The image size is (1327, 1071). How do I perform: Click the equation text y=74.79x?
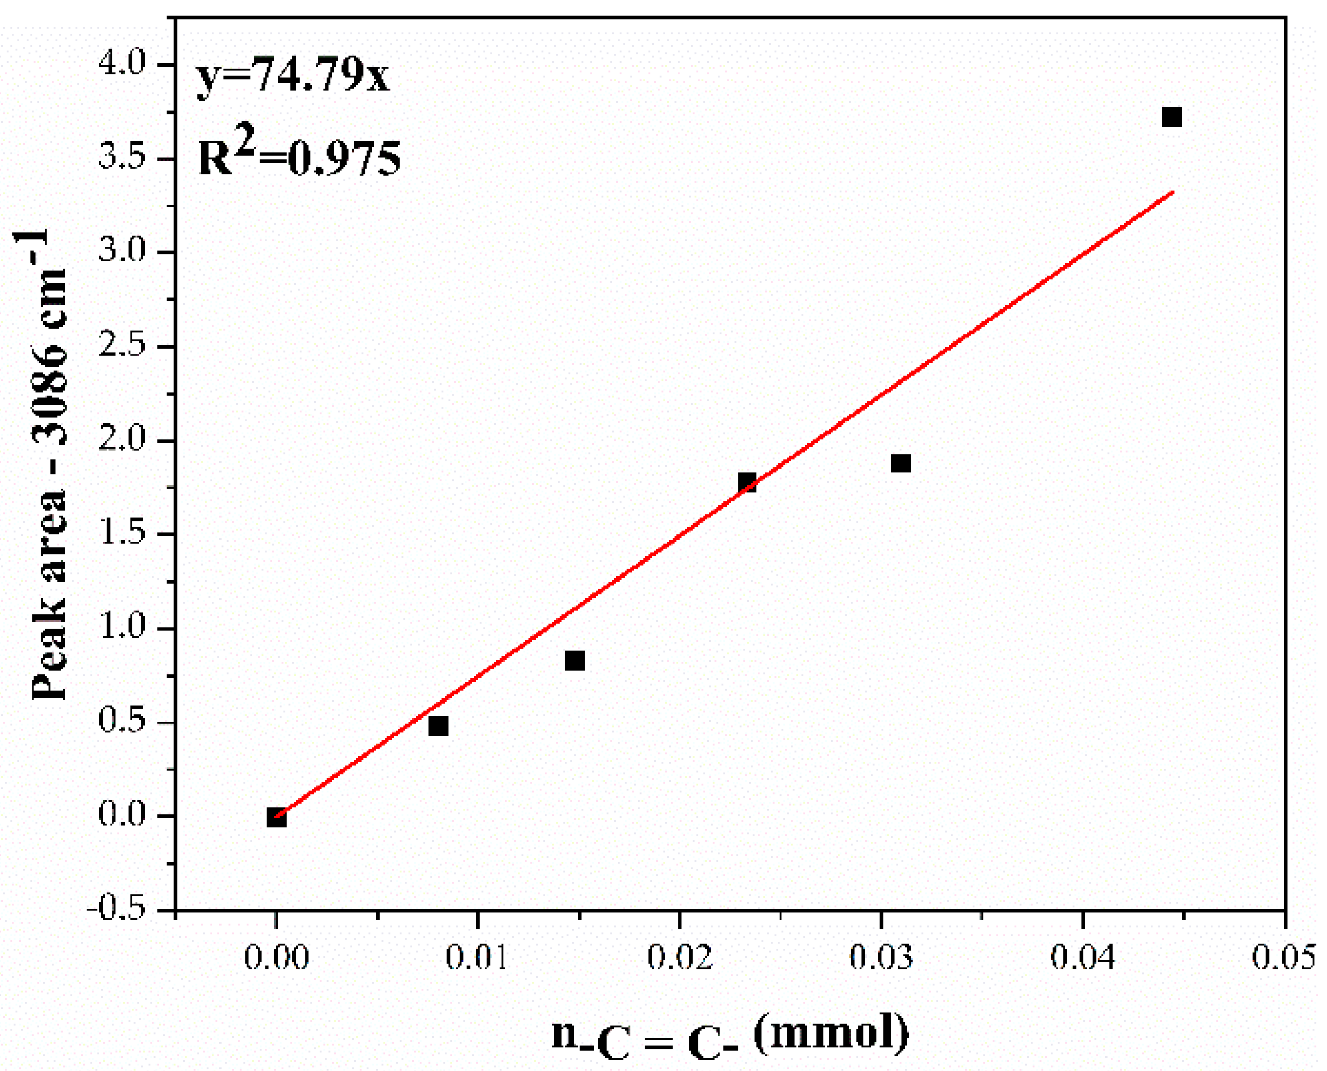pyautogui.click(x=292, y=75)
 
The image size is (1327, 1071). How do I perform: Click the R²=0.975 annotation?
pyautogui.click(x=299, y=155)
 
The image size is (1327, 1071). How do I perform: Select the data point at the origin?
pyautogui.click(x=276, y=817)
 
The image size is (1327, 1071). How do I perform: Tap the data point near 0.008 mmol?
pyautogui.click(x=438, y=726)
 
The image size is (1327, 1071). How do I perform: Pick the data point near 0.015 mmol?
pyautogui.click(x=574, y=660)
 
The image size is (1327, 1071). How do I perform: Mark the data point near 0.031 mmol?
pyautogui.click(x=900, y=463)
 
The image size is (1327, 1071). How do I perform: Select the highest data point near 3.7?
pyautogui.click(x=1171, y=117)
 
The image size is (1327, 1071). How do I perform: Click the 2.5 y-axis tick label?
pyautogui.click(x=122, y=345)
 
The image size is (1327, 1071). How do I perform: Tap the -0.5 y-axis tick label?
pyautogui.click(x=116, y=909)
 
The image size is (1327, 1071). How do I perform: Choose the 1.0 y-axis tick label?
pyautogui.click(x=122, y=628)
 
